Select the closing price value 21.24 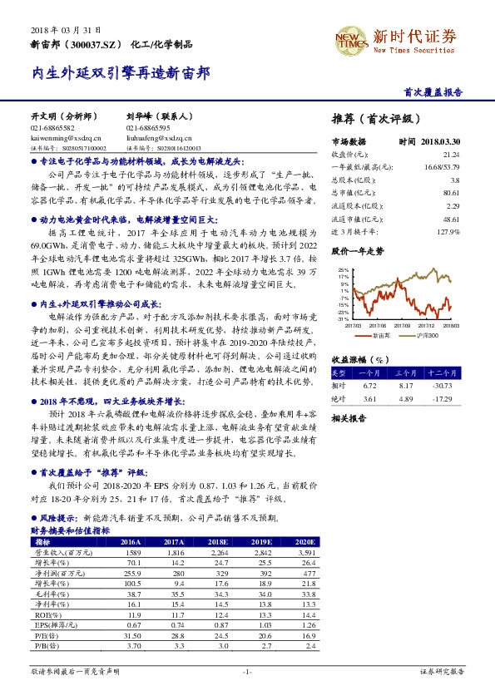point(451,155)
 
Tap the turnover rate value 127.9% point(448,230)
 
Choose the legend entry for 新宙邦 point(381,333)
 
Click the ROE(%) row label point(46,614)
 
